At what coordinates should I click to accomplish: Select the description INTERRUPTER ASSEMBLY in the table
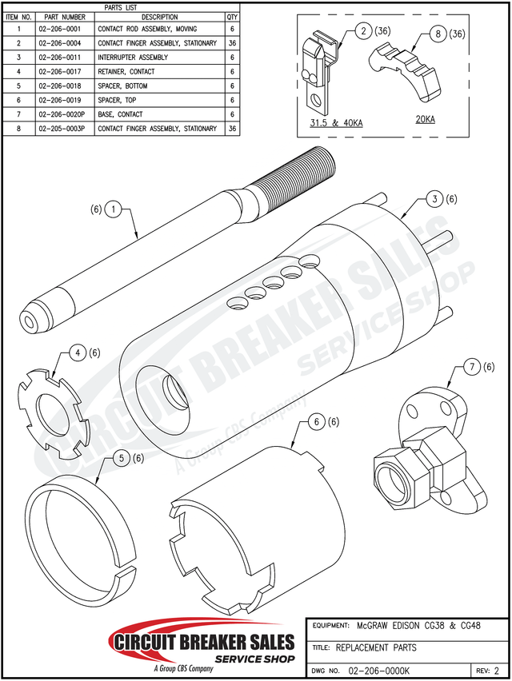tap(133, 58)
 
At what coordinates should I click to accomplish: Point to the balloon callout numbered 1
tap(114, 209)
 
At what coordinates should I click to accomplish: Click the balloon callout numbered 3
tap(433, 198)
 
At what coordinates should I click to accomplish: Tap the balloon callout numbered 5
tap(120, 458)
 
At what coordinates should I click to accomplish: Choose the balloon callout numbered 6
tap(316, 421)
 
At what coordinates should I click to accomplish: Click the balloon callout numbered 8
tap(438, 34)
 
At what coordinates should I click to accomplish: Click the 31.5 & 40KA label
tap(335, 121)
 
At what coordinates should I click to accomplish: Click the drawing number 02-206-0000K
tap(381, 671)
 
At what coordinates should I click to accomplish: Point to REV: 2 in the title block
tap(488, 671)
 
